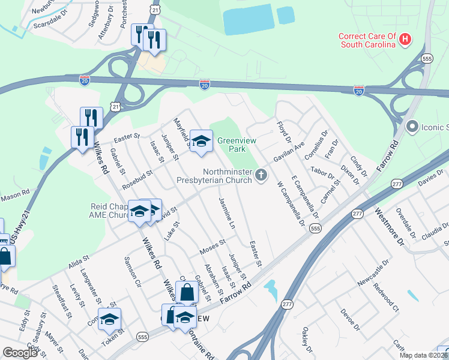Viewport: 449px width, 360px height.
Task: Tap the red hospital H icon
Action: click(406, 40)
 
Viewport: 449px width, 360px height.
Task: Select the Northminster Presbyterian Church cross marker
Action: click(261, 175)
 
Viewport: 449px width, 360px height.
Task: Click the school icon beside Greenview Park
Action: click(201, 141)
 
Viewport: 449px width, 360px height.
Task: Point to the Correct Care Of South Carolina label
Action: click(367, 40)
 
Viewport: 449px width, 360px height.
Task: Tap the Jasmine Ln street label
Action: click(226, 212)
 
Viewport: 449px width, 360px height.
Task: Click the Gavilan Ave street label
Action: click(289, 152)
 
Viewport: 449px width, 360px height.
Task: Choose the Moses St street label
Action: click(212, 245)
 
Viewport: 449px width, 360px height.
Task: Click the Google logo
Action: click(20, 353)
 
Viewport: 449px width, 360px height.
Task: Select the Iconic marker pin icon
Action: click(412, 127)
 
